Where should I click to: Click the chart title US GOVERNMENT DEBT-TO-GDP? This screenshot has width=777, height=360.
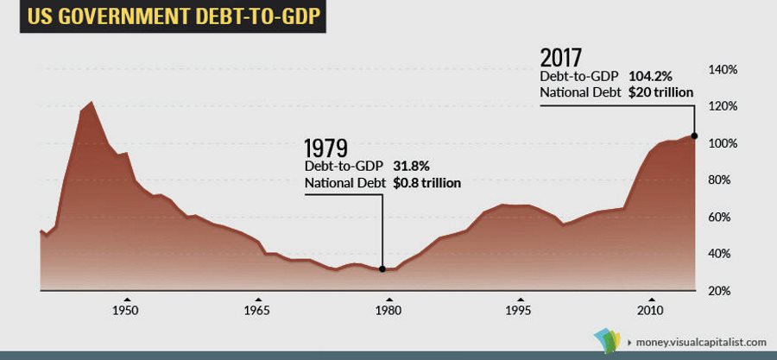tap(164, 17)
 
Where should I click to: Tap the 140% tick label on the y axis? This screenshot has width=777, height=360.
tap(723, 69)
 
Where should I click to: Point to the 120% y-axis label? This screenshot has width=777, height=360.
tap(723, 106)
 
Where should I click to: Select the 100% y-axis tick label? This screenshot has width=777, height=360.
tap(723, 143)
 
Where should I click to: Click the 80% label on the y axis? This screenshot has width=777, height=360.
tap(724, 180)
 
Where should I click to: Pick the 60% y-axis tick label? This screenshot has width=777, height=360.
tap(724, 218)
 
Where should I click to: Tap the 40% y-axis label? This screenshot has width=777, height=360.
tap(724, 254)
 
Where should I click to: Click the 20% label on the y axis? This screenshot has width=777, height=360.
tap(724, 291)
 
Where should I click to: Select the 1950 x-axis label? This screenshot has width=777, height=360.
tap(126, 309)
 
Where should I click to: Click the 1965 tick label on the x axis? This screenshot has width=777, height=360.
tap(257, 309)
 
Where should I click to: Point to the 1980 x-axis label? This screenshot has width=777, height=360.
tap(388, 309)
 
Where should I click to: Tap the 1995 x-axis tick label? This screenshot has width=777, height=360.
tap(518, 309)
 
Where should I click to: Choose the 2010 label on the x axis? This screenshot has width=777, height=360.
tap(649, 309)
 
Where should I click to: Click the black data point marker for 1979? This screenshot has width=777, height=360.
tap(382, 269)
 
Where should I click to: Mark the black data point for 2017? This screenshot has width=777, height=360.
tap(694, 136)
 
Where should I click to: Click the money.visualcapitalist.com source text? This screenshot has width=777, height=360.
tap(700, 343)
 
